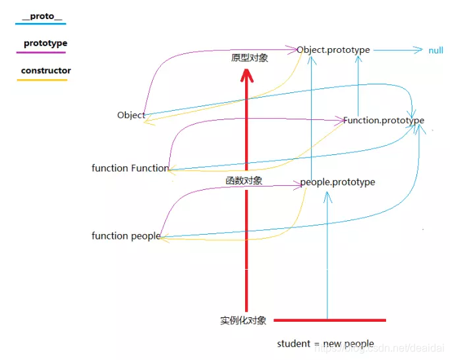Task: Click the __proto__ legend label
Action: click(x=42, y=16)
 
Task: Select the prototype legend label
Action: click(x=45, y=44)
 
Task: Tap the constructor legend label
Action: click(x=45, y=71)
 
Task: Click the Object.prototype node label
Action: click(x=333, y=50)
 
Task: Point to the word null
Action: click(x=436, y=51)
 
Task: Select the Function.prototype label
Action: click(x=383, y=121)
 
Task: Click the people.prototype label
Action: click(x=337, y=182)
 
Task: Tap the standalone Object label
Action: click(x=130, y=115)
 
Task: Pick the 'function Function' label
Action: click(x=130, y=168)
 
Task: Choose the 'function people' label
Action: click(x=126, y=236)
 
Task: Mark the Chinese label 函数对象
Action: click(x=244, y=180)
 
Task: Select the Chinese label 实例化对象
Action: click(x=243, y=320)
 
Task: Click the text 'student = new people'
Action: click(x=325, y=344)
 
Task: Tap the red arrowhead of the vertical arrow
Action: click(x=246, y=74)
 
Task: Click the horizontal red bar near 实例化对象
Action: click(x=329, y=321)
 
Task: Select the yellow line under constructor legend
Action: click(x=43, y=80)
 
